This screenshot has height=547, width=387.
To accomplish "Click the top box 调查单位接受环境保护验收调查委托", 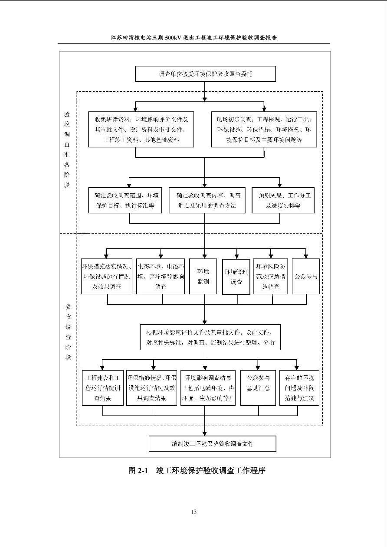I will (205, 74).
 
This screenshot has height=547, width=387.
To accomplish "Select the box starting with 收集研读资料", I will (141, 129).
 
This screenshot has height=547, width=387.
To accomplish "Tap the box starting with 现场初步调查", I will (264, 129).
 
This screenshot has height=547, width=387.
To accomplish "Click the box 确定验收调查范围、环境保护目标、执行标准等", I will (125, 200).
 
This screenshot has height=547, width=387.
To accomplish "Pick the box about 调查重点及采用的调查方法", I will (206, 200).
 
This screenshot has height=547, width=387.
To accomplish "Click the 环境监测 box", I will (203, 277).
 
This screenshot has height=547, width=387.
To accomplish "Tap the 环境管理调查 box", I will (236, 277).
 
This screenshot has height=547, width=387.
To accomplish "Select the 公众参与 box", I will (306, 276).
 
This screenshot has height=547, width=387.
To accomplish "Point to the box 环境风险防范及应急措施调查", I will (271, 277).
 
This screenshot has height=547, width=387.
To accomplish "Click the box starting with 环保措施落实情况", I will (107, 277).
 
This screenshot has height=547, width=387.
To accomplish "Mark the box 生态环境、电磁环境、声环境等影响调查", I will (161, 277).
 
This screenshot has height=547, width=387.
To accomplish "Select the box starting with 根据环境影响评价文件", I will (210, 337).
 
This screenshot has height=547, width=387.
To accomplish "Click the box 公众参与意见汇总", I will (258, 387).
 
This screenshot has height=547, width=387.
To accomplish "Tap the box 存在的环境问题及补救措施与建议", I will (299, 387).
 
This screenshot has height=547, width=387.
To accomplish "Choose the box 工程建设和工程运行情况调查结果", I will (103, 387).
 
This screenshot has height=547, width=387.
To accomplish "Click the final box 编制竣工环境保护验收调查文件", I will (212, 443).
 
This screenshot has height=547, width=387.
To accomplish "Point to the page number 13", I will (193, 512).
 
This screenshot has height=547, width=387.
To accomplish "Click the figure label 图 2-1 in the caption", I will (138, 470).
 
